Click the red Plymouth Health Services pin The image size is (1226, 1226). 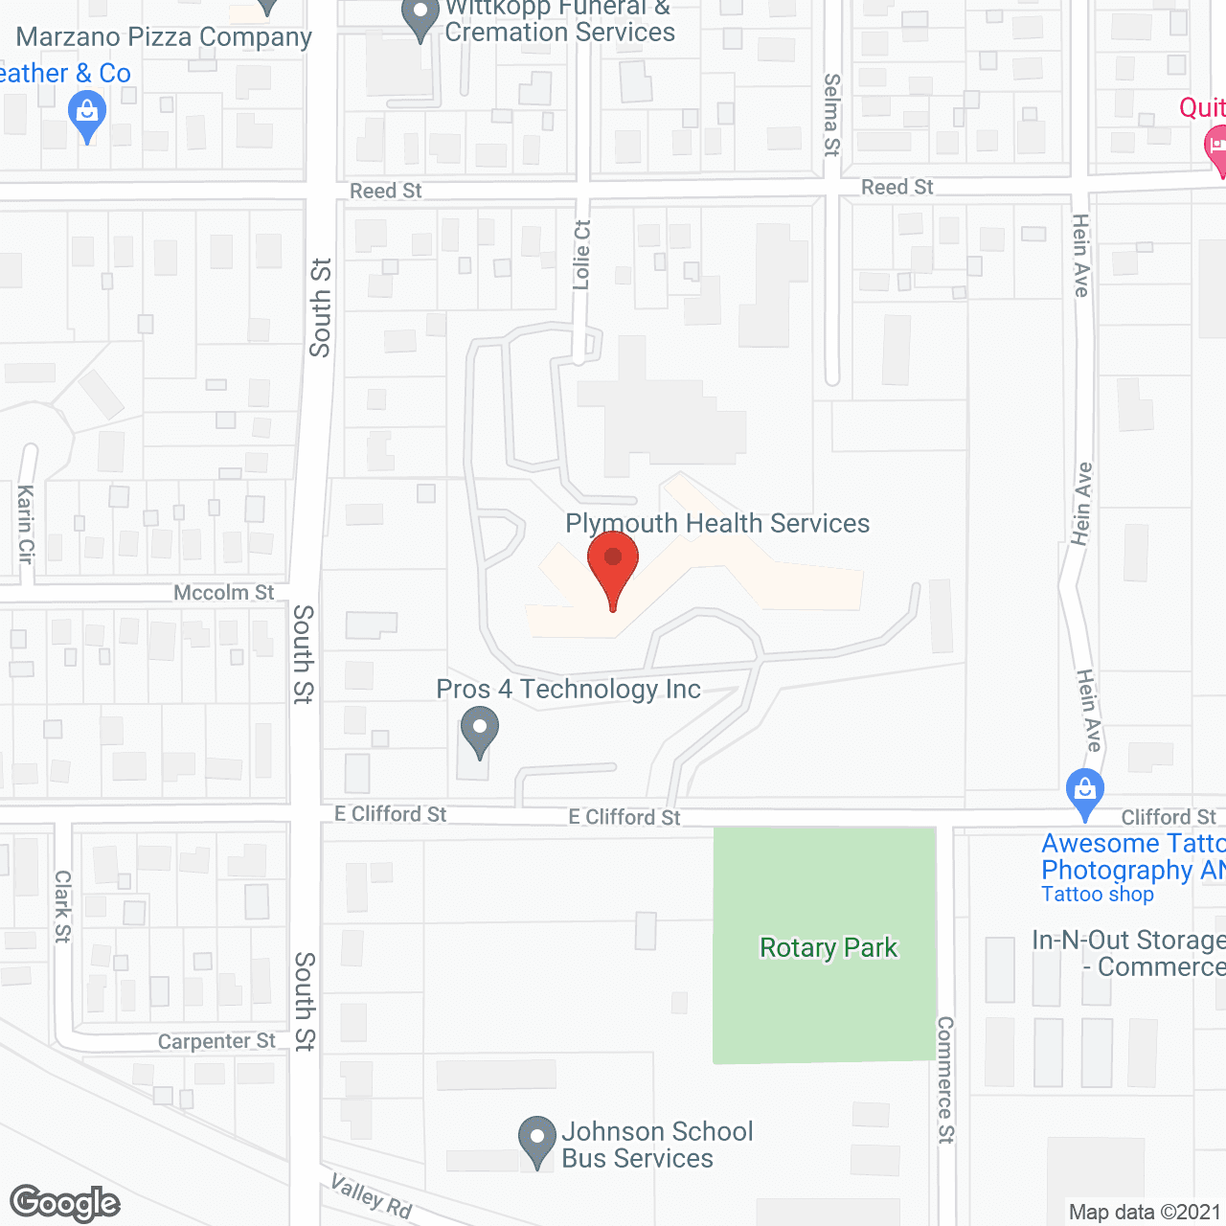tap(613, 565)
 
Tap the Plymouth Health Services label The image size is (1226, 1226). tap(717, 524)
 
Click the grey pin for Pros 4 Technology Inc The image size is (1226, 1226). tap(479, 731)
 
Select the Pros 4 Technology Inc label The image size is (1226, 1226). tap(568, 690)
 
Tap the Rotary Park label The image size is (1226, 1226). tap(829, 948)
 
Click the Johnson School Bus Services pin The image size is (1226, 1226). tap(536, 1140)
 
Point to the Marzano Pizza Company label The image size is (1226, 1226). tap(164, 37)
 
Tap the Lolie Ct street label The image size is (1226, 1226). tap(582, 255)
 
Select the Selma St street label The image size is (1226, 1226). tap(831, 115)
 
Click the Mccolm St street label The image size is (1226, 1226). tap(223, 593)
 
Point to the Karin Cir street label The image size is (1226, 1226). tap(26, 523)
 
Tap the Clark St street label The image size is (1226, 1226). tap(62, 906)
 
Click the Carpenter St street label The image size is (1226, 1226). tap(216, 1041)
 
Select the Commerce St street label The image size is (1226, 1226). tap(945, 1079)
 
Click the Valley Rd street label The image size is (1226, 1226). tap(371, 1197)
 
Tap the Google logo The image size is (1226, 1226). tap(65, 1203)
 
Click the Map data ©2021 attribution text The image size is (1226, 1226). tap(1145, 1213)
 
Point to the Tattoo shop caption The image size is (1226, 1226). tap(1097, 895)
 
